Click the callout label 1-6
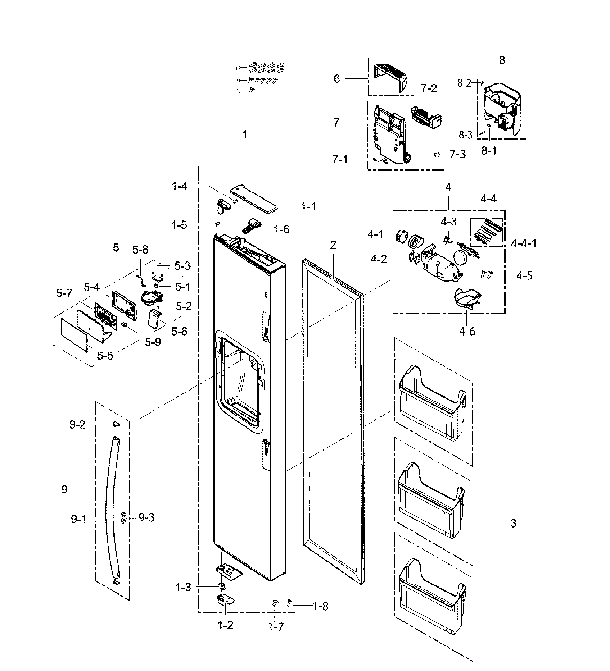click(x=281, y=229)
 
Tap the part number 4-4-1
click(x=524, y=243)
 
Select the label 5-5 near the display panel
click(x=105, y=356)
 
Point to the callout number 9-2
click(x=77, y=425)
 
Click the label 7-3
click(x=457, y=154)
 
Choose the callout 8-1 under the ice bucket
click(x=489, y=150)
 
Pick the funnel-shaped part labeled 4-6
click(x=466, y=298)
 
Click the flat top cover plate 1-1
click(x=254, y=200)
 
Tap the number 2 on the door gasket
click(x=333, y=245)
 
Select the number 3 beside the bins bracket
click(x=513, y=523)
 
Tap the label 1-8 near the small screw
click(x=320, y=606)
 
